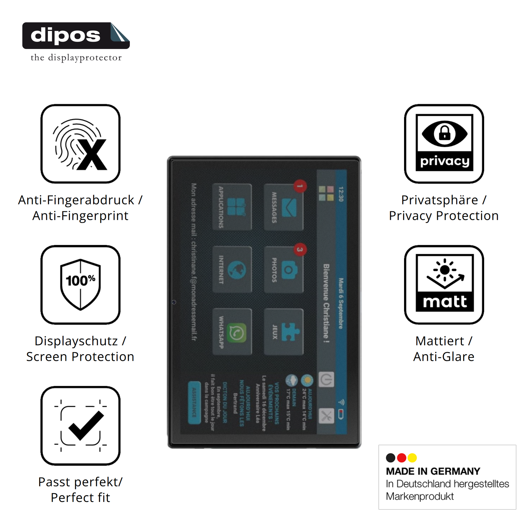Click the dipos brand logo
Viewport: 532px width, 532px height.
pos(76,36)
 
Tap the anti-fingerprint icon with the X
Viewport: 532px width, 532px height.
pos(80,144)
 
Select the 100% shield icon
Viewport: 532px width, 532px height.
pos(80,285)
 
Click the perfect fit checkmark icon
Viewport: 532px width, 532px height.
pos(80,426)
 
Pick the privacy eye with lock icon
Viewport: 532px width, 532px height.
pos(444,143)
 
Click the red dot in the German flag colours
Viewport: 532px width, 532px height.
pos(402,458)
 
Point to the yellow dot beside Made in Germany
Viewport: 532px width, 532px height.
pos(412,458)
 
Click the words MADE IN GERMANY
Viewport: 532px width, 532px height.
pos(433,471)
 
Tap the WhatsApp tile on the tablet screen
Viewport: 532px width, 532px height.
pos(232,332)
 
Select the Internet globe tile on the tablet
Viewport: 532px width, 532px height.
pos(232,269)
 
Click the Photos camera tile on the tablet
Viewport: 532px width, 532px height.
pos(283,269)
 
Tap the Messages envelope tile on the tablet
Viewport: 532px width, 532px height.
pos(283,207)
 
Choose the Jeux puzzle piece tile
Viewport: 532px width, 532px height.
pos(283,332)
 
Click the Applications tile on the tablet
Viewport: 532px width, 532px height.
pos(232,207)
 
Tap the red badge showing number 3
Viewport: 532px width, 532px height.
pos(300,250)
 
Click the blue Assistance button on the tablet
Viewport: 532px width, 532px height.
pos(194,403)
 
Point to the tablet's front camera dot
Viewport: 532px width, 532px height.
pos(174,302)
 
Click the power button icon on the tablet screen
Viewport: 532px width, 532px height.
pos(326,379)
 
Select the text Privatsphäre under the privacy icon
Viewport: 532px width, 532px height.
pos(440,200)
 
